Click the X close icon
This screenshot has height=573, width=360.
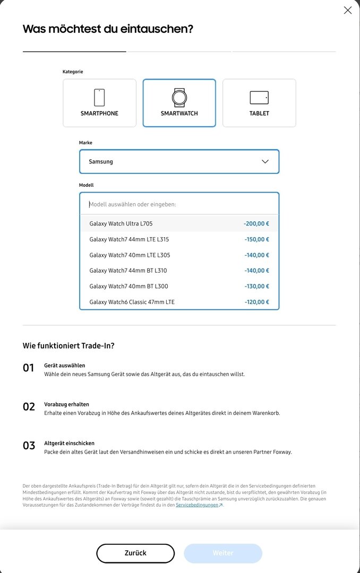pyautogui.click(x=348, y=10)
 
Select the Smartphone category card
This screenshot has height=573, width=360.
pyautogui.click(x=99, y=103)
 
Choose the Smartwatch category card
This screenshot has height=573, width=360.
pyautogui.click(x=179, y=103)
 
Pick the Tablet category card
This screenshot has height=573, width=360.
pyautogui.click(x=259, y=103)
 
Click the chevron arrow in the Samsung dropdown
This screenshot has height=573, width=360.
pyautogui.click(x=265, y=161)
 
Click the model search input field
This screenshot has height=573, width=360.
pyautogui.click(x=179, y=204)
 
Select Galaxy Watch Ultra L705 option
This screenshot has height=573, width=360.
pyautogui.click(x=121, y=224)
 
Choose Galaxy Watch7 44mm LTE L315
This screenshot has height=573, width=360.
pyautogui.click(x=129, y=239)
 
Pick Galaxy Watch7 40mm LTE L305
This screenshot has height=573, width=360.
pyautogui.click(x=130, y=255)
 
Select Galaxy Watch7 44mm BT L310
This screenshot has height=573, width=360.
pyautogui.click(x=128, y=271)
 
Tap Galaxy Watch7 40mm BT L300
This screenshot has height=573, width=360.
pyautogui.click(x=128, y=286)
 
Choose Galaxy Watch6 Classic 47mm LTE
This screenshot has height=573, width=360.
pyautogui.click(x=132, y=302)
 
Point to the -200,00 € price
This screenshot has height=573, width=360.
pyautogui.click(x=256, y=224)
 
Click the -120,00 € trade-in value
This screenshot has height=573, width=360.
pyautogui.click(x=257, y=302)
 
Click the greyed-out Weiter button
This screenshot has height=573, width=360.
pyautogui.click(x=223, y=553)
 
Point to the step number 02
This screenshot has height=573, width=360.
pyautogui.click(x=29, y=407)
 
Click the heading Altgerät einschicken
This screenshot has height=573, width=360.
pyautogui.click(x=69, y=443)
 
